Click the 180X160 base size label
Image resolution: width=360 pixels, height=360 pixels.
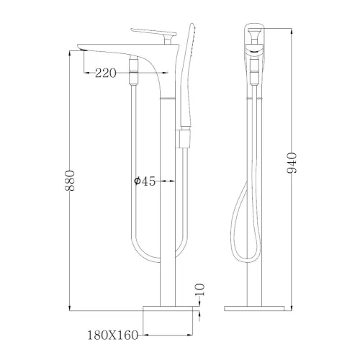coord(112,334)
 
